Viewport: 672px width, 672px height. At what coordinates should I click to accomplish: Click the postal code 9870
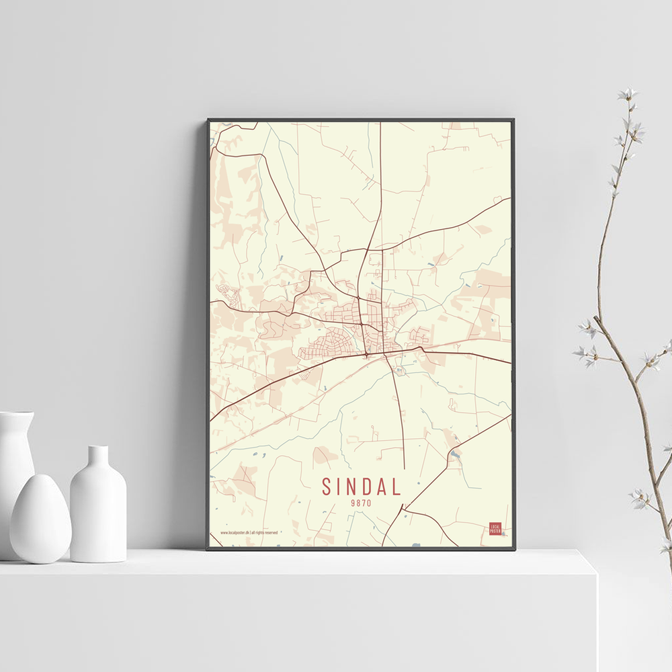pyautogui.click(x=361, y=503)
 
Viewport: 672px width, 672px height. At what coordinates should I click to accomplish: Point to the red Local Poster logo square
pyautogui.click(x=495, y=528)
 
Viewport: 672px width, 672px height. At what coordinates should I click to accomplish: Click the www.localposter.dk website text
pyautogui.click(x=235, y=533)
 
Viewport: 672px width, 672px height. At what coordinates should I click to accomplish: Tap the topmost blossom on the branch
pyautogui.click(x=628, y=93)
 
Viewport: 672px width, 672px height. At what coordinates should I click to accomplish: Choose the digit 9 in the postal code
pyautogui.click(x=353, y=503)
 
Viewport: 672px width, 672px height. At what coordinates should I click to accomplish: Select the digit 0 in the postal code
pyautogui.click(x=369, y=503)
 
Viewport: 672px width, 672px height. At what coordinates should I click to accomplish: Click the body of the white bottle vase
pyautogui.click(x=98, y=517)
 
